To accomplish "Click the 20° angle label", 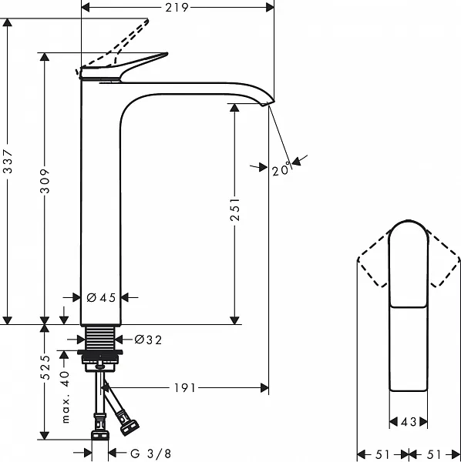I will pyautogui.click(x=281, y=169).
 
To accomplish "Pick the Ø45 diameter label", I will pyautogui.click(x=101, y=298).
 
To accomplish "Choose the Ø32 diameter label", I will pyautogui.click(x=147, y=339).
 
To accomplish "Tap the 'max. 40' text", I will pyautogui.click(x=66, y=397).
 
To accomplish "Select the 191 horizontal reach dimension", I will pyautogui.click(x=183, y=387).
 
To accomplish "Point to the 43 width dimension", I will pyautogui.click(x=409, y=422).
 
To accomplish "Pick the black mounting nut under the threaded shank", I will pyautogui.click(x=99, y=357).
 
